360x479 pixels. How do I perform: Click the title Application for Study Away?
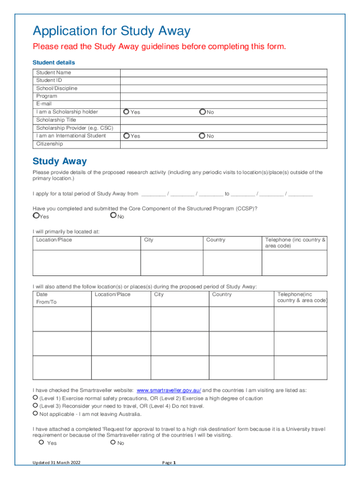[x=111, y=31]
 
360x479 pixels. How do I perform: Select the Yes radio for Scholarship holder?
[x=126, y=112]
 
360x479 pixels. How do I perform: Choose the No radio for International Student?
[x=202, y=136]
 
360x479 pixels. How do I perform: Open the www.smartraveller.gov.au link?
[x=169, y=390]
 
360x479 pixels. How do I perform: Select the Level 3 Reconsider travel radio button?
[x=35, y=406]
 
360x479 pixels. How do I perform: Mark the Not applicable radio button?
[x=35, y=414]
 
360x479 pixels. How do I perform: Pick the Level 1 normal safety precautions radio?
[x=35, y=398]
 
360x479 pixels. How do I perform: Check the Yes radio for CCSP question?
[x=36, y=216]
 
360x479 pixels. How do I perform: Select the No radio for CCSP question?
[x=113, y=216]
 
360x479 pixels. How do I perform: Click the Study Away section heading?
[x=59, y=161]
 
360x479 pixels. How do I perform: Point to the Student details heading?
[x=53, y=62]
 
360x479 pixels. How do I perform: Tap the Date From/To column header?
[x=46, y=298]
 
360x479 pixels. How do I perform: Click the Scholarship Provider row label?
[x=75, y=128]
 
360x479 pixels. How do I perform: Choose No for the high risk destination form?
[x=113, y=442]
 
